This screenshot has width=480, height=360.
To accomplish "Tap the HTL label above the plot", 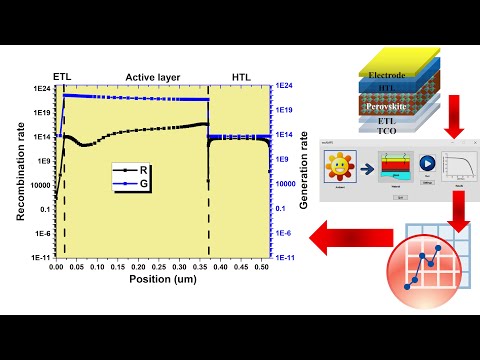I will [240, 77].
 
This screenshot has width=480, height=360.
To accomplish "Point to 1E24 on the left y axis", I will [40, 88].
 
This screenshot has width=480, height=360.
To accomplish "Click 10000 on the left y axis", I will [37, 185].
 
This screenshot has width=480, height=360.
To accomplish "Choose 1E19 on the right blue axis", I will [285, 112].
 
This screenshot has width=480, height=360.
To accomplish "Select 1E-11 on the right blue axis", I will [285, 257].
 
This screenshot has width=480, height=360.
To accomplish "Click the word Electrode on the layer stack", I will [386, 73].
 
